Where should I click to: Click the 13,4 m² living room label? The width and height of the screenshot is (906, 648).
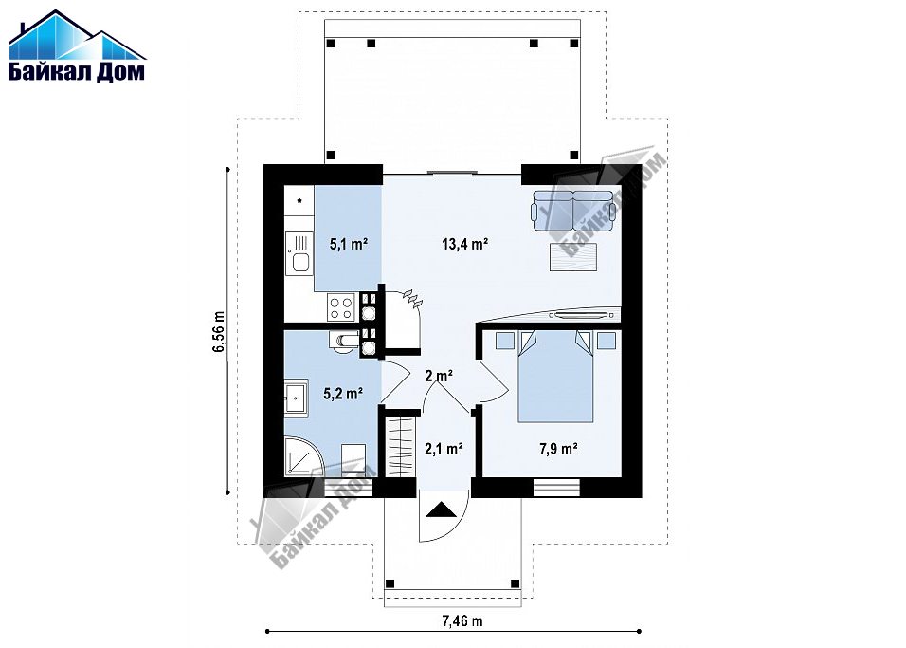click(x=465, y=244)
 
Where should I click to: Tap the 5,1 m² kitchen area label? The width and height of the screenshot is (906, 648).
click(x=349, y=244)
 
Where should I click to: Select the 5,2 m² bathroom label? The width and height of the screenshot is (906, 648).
click(x=343, y=394)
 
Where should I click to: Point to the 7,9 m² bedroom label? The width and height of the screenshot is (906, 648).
click(x=559, y=449)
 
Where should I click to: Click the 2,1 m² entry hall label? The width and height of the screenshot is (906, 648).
click(x=444, y=449)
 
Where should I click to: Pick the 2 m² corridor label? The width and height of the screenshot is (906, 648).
click(x=439, y=376)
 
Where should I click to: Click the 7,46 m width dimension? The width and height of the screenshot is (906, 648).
click(x=462, y=621)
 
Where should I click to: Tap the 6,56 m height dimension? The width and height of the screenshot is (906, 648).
click(x=220, y=331)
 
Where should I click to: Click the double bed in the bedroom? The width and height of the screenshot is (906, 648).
click(x=555, y=376)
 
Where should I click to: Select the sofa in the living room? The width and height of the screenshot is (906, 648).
click(x=573, y=210)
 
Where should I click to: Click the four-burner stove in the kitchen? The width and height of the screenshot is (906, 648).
click(x=340, y=306)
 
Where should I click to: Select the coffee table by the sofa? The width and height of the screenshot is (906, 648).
click(x=573, y=257)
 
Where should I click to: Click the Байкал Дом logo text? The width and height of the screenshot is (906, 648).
click(x=76, y=71)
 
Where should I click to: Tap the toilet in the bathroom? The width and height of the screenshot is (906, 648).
click(x=343, y=342)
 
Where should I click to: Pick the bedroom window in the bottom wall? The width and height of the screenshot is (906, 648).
click(x=556, y=488)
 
